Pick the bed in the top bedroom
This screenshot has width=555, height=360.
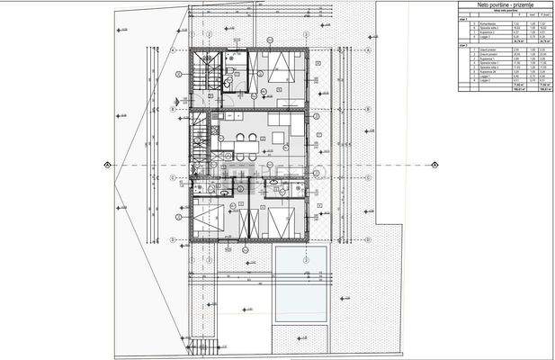pos(274,69)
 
